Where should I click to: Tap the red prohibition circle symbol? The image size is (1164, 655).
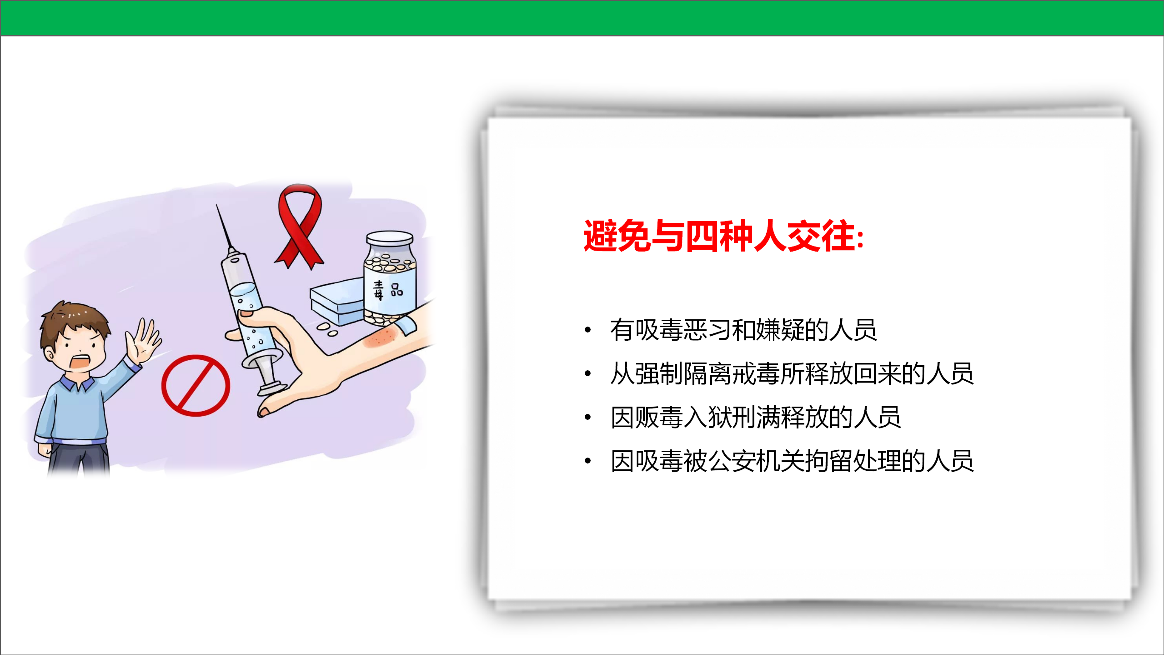[196, 386]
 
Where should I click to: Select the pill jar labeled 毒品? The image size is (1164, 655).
[390, 278]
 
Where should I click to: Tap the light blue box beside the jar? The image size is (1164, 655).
[337, 301]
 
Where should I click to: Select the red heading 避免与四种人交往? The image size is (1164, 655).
[723, 236]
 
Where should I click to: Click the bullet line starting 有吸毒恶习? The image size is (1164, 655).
[743, 330]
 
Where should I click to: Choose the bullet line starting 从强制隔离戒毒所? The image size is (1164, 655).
[792, 373]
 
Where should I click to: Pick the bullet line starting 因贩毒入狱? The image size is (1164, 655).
[755, 417]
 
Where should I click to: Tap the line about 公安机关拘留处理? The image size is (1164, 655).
[792, 461]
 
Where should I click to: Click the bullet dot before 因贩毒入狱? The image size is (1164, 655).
[587, 417]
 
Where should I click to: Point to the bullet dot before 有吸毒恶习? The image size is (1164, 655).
[587, 330]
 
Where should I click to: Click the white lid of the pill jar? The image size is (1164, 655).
[390, 238]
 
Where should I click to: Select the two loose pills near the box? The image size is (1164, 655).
[327, 330]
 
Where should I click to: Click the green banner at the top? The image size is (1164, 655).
[582, 18]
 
